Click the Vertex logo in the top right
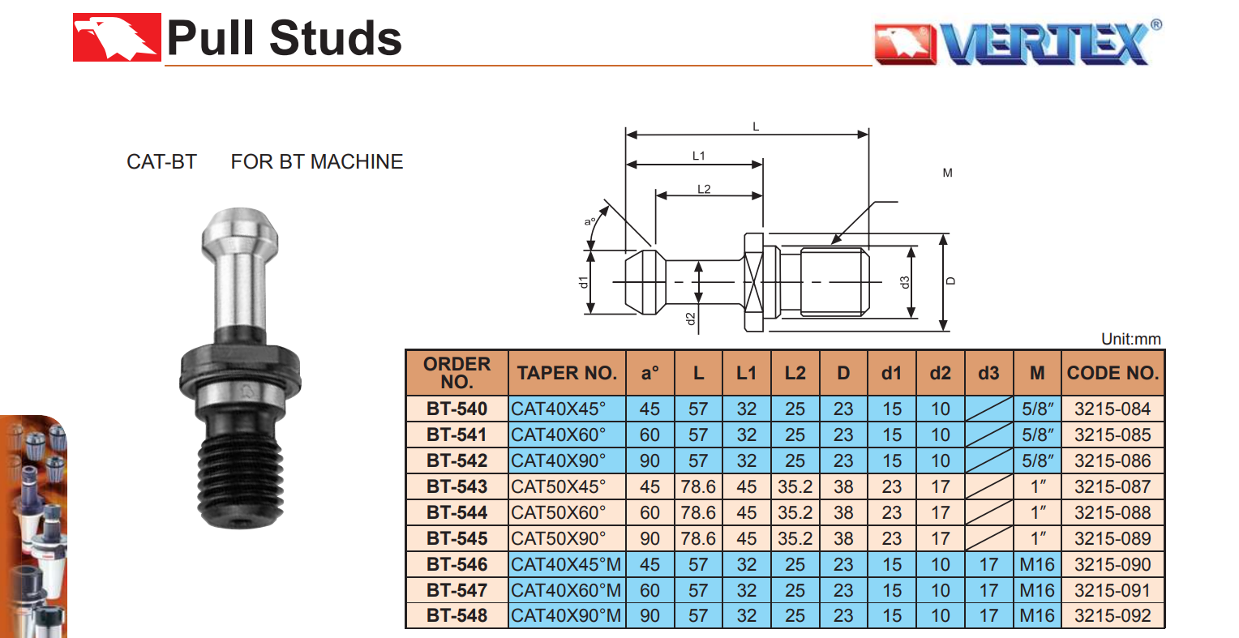point(1018,42)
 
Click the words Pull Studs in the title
point(284,38)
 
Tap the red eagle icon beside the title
point(116,37)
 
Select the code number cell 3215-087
point(1113,486)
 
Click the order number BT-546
point(457,564)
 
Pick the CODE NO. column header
point(1113,373)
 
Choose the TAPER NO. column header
point(567,373)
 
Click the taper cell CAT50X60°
point(559,512)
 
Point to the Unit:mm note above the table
point(1130,339)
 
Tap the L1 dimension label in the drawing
point(699,156)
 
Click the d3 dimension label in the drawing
point(905,282)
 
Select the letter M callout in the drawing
point(947,173)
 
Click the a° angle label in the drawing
point(590,221)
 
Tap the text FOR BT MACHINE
point(316,161)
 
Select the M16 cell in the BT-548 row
point(1037,615)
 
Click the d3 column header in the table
point(988,373)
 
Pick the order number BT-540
point(457,409)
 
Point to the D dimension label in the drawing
point(951,281)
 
